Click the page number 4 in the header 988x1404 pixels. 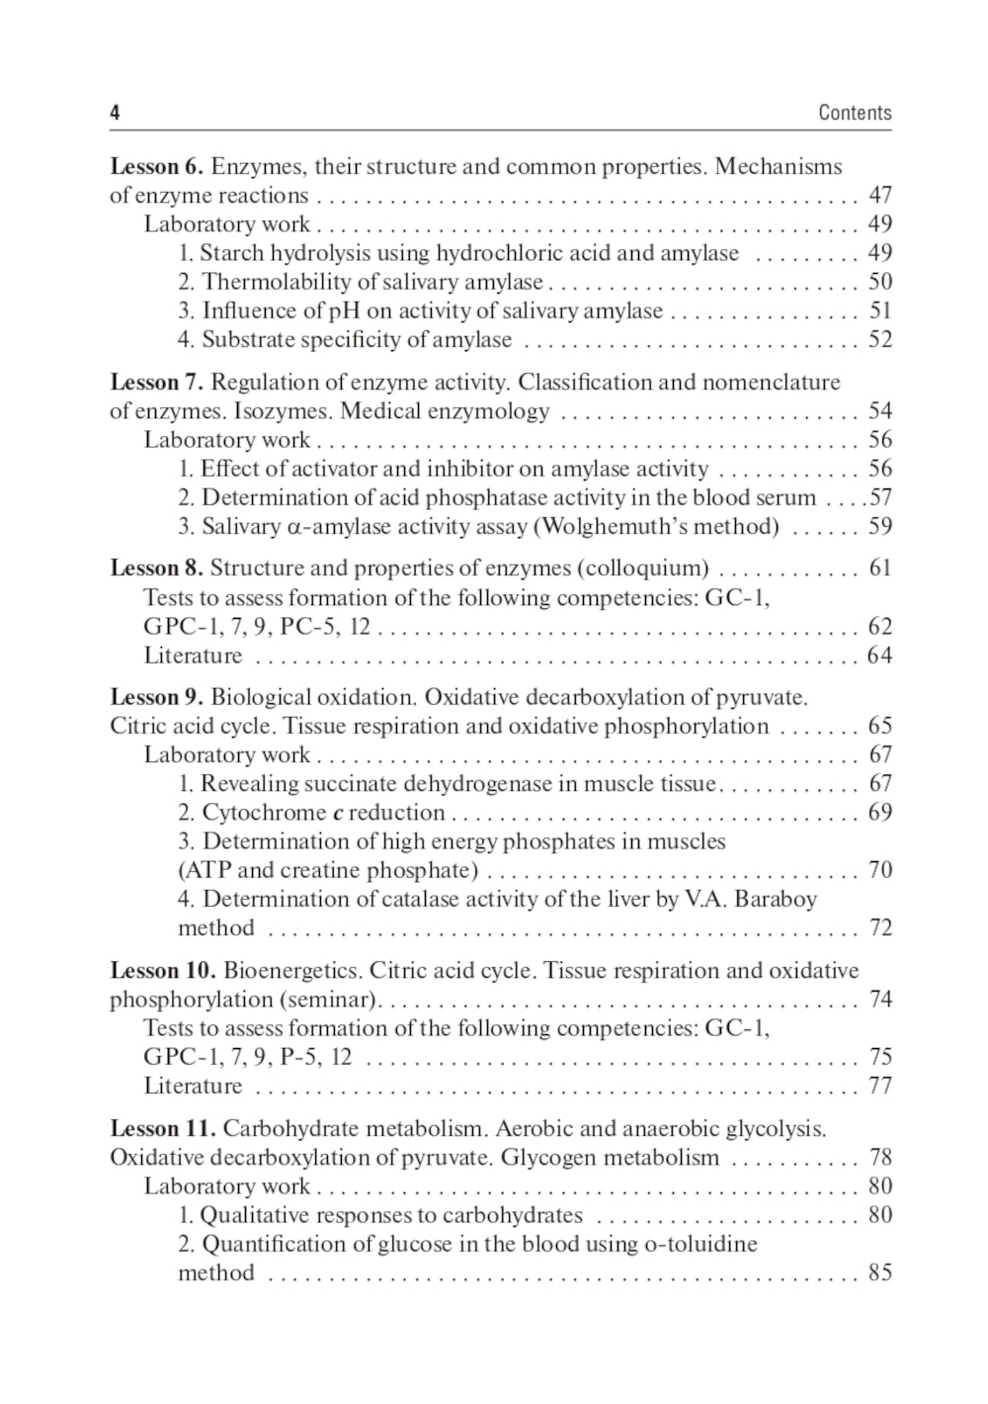[115, 113]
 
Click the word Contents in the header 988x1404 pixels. [855, 113]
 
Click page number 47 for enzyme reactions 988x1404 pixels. [879, 195]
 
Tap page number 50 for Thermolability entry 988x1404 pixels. [879, 282]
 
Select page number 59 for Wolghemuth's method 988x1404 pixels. [879, 526]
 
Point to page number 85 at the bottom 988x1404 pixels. [879, 1272]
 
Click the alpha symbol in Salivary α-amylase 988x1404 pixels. [293, 527]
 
